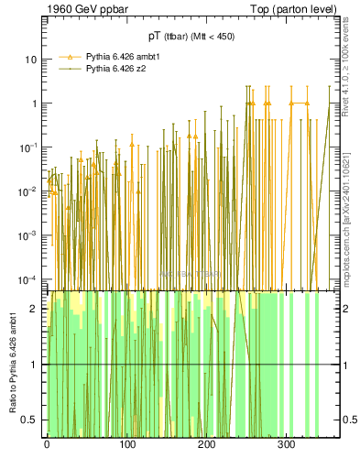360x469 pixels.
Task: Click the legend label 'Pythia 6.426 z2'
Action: pos(107,69)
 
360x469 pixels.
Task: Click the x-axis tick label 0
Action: pos(47,444)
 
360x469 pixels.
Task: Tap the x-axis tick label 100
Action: pos(126,444)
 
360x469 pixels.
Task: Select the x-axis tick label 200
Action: pos(206,444)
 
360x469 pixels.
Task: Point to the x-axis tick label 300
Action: pos(286,444)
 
